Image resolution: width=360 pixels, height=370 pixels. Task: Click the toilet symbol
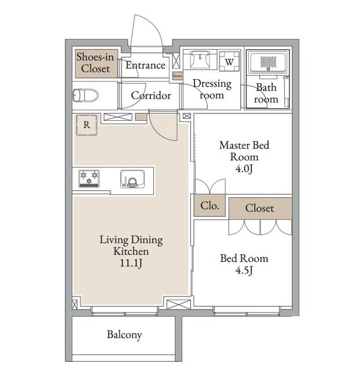(86, 95)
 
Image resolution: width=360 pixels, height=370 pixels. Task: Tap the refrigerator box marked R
(87, 125)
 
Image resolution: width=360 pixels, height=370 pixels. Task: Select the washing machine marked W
(229, 61)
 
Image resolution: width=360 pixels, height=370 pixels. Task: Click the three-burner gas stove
(89, 179)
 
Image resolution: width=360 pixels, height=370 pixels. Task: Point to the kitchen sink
(133, 179)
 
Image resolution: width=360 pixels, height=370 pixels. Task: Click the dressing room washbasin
(200, 60)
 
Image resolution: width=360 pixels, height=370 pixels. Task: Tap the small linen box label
(178, 76)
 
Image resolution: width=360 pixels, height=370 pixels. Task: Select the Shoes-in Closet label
(95, 63)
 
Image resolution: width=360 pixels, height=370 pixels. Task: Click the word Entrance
(145, 65)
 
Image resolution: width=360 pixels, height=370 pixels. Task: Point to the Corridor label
(151, 95)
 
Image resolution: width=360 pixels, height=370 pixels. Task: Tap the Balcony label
(124, 335)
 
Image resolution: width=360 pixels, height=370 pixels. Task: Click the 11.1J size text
(131, 263)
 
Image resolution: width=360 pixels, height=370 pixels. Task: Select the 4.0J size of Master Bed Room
(244, 168)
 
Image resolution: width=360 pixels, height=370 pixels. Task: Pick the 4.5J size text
(244, 270)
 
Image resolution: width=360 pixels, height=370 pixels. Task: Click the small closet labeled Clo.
(210, 206)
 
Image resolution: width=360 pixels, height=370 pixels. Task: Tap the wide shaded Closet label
(260, 208)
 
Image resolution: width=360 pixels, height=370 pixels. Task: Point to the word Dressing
(212, 84)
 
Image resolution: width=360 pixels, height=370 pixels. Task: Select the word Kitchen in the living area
(131, 251)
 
